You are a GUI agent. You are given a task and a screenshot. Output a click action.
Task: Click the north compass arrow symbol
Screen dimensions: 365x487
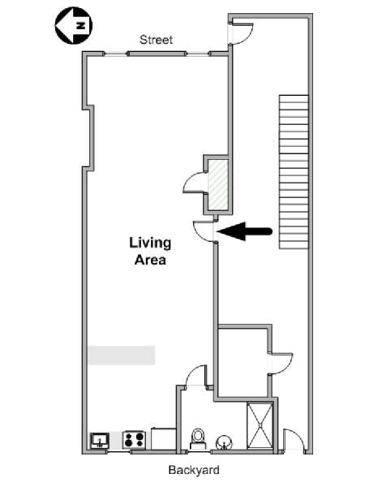coord(74,25)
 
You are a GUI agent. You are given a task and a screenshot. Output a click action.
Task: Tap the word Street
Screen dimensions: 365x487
coord(156,40)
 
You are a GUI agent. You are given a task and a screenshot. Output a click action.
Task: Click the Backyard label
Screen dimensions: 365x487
coord(194,470)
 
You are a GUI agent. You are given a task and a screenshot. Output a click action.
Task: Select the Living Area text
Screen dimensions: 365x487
coord(150,251)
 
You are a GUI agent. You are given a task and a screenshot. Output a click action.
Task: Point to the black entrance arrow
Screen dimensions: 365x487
coord(245,231)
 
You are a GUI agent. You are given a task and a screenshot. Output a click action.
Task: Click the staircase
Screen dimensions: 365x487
coord(294,172)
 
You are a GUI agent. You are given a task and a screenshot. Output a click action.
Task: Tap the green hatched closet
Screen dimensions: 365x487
coord(218,184)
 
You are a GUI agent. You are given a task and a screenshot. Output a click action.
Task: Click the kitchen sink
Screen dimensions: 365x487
coord(100,441)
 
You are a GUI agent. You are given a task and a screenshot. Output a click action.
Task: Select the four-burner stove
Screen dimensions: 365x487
coord(134,439)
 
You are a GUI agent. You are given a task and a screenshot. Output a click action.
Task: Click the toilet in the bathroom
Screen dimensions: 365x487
coord(198,438)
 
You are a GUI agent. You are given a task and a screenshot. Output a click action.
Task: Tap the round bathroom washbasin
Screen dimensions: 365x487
coord(224,442)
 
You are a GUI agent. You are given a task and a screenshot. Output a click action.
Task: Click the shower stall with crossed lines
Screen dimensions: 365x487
coord(260,425)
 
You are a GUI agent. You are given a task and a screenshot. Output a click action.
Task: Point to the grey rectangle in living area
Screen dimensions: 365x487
coord(122,355)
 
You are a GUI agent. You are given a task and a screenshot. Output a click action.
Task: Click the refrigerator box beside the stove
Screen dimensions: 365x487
coord(164,438)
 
